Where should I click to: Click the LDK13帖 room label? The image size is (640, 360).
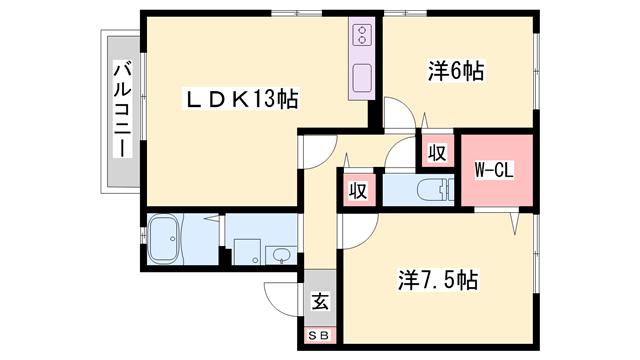click(241, 99)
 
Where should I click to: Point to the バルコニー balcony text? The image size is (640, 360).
click(121, 110)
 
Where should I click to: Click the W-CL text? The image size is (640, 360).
click(493, 170)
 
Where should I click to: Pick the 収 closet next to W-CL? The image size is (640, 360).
click(436, 153)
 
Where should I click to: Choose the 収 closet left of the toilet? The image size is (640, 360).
click(356, 190)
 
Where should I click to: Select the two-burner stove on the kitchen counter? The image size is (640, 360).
click(361, 38)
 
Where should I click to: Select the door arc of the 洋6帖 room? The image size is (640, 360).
click(398, 111)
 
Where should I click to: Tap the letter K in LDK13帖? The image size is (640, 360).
click(241, 99)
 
